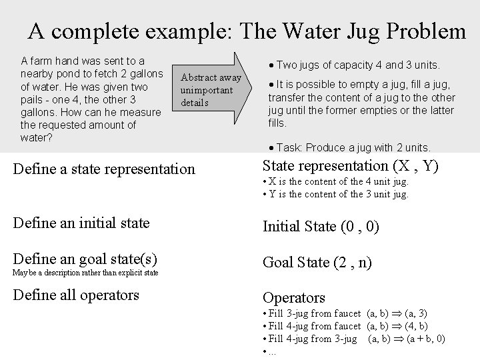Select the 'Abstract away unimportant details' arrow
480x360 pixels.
point(210,90)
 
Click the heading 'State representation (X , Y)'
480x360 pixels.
point(351,166)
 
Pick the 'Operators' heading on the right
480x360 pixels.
point(294,297)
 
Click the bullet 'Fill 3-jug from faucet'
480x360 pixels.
point(313,313)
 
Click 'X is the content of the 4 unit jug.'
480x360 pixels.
point(337,181)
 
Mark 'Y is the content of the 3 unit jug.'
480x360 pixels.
point(337,194)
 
